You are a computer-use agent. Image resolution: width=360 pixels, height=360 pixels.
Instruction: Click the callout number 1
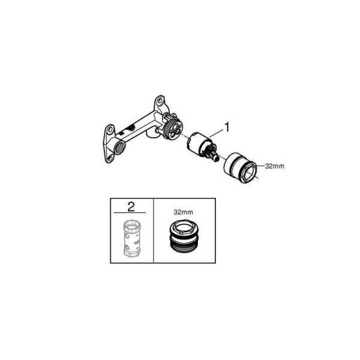tap(227, 127)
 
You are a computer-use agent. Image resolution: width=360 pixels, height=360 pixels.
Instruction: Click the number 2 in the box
tap(131, 207)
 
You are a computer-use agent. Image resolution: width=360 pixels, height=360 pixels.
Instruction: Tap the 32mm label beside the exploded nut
tap(275, 166)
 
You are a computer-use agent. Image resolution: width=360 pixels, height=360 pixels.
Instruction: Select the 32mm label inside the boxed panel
tap(183, 212)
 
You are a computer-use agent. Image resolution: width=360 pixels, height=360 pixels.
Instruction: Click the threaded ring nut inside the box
tap(183, 238)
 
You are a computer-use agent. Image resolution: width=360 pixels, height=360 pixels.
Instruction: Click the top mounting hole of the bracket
tap(160, 100)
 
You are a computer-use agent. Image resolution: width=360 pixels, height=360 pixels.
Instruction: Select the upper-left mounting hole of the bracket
tap(110, 128)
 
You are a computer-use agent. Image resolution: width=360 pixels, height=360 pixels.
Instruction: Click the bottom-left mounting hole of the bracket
tap(110, 158)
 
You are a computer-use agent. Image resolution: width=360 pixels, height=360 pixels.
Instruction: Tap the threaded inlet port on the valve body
tap(119, 148)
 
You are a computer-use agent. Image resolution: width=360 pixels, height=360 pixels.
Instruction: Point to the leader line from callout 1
tap(216, 133)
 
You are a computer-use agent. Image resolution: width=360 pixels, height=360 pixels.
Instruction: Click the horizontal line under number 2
tap(130, 213)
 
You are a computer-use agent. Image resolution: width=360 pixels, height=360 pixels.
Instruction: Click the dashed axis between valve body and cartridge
tap(185, 137)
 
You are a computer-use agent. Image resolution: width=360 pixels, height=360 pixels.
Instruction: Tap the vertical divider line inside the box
tap(154, 230)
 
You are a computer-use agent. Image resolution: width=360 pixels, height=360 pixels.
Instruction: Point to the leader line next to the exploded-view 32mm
tap(260, 166)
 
